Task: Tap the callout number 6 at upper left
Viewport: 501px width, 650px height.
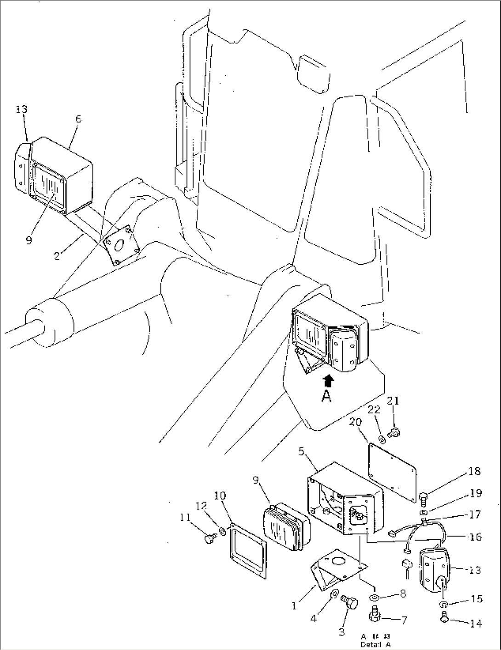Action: [78, 119]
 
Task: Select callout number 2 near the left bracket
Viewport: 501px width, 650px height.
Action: [57, 256]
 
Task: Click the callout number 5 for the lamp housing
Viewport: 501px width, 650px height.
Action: [302, 451]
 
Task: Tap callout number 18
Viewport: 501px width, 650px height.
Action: [475, 471]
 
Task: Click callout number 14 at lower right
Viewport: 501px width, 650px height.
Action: [476, 624]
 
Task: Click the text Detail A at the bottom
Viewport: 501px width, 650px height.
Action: [376, 644]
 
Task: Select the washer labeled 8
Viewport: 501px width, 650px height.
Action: [375, 598]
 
